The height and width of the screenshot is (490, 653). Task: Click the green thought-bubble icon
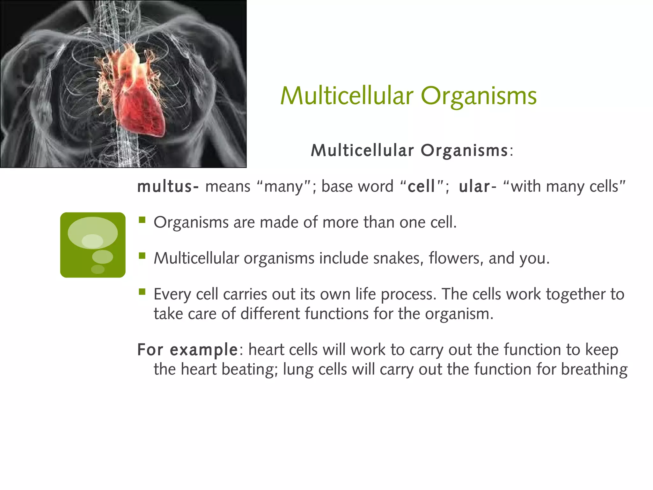coord(93,245)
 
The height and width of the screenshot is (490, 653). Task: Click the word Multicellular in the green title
coord(347,96)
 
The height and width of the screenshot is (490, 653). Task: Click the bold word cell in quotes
coord(421,186)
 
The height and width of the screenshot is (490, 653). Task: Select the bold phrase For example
coord(187,350)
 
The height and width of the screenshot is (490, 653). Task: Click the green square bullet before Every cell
coord(142,292)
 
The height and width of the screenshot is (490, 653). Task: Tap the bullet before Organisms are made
coord(142,220)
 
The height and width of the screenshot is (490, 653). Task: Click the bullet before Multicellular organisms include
coord(142,256)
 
